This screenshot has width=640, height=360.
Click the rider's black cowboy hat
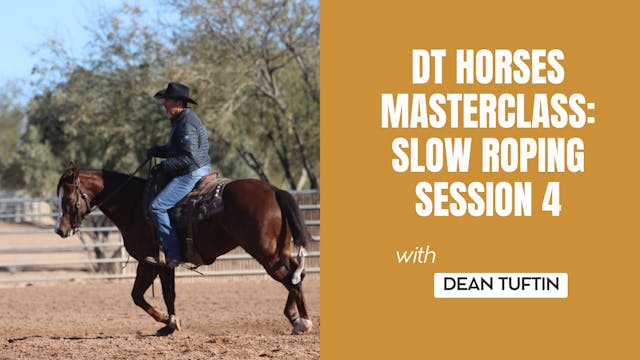click(175, 93)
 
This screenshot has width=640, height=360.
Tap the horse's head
click(72, 200)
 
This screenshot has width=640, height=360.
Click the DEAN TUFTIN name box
click(500, 285)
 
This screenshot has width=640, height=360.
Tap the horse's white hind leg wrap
click(297, 268)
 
